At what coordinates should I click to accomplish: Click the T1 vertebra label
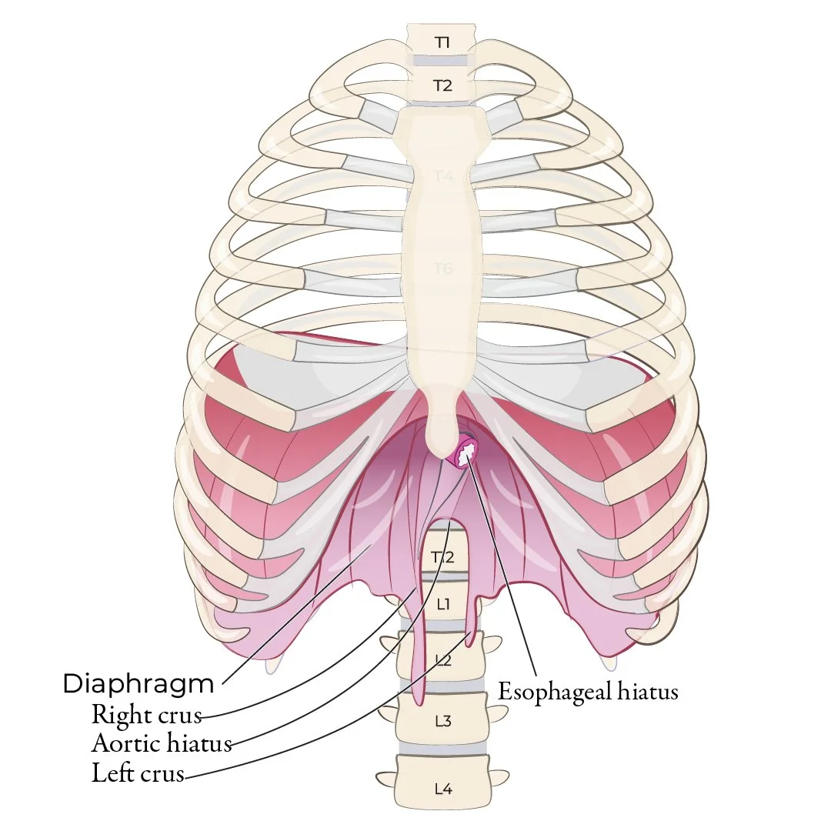click(442, 42)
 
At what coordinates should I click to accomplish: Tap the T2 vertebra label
click(442, 85)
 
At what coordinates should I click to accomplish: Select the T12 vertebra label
click(442, 557)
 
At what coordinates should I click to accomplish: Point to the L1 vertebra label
click(442, 605)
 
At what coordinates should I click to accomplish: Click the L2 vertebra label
click(442, 659)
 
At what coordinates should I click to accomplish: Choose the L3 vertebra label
click(442, 721)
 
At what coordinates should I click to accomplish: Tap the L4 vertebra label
click(442, 788)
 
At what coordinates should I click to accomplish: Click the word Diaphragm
click(138, 682)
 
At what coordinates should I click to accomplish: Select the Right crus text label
click(146, 715)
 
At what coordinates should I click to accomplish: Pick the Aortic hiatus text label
click(162, 744)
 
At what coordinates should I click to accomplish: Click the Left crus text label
click(138, 773)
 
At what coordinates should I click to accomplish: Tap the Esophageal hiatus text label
click(589, 691)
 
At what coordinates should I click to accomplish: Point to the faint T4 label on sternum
click(443, 177)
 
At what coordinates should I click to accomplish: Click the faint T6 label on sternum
click(443, 269)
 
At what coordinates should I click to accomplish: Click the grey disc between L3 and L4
click(442, 749)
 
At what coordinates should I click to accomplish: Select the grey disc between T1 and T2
click(442, 62)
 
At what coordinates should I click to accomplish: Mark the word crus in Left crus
click(162, 773)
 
